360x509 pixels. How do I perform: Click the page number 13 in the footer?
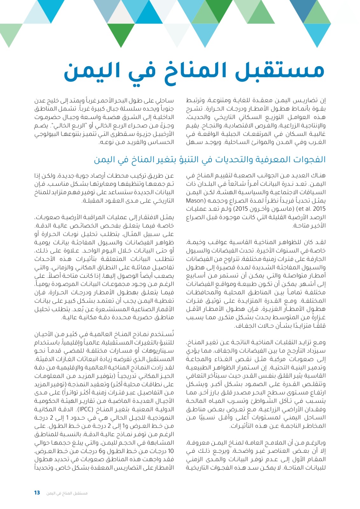pyautogui.click(x=37, y=493)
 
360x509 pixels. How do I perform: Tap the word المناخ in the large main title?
pyautogui.click(x=191, y=71)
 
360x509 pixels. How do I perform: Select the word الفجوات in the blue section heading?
pyautogui.click(x=310, y=159)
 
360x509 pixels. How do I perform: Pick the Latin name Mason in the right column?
pyautogui.click(x=195, y=201)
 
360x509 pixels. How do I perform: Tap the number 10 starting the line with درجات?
pyautogui.click(x=171, y=451)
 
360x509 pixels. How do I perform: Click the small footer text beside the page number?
pyautogui.click(x=67, y=493)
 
